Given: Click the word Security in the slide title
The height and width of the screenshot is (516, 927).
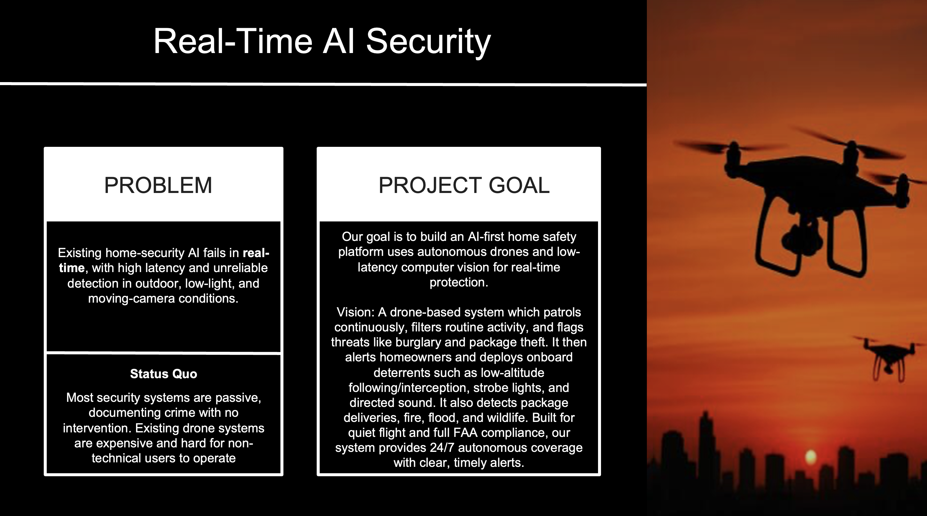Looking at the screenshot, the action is click(x=428, y=43).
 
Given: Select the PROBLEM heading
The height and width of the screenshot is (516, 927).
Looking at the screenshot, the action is click(x=158, y=185).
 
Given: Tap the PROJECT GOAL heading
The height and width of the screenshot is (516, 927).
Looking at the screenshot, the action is click(x=464, y=185).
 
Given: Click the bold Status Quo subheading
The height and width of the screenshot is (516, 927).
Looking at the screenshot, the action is click(x=163, y=374).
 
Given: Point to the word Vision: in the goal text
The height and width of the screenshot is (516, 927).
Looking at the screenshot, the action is click(x=356, y=312).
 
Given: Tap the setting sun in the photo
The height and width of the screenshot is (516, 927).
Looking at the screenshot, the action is click(x=811, y=457).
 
